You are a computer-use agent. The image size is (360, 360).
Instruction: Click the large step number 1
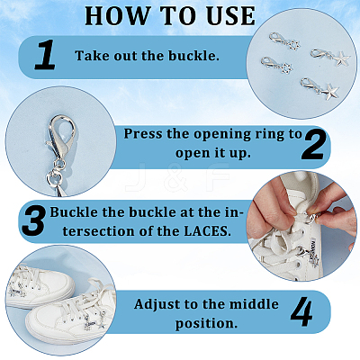tap(45, 56)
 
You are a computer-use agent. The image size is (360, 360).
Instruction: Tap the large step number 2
tap(313, 145)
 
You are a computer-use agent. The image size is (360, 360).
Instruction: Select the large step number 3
tap(33, 222)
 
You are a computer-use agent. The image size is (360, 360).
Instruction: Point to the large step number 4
tap(301, 312)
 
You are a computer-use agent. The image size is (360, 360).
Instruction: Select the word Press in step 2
tap(143, 134)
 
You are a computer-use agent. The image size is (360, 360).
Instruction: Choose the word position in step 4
tap(206, 324)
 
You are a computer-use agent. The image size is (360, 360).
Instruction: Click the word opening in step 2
tap(222, 135)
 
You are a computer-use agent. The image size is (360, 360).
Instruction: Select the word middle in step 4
tap(254, 304)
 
